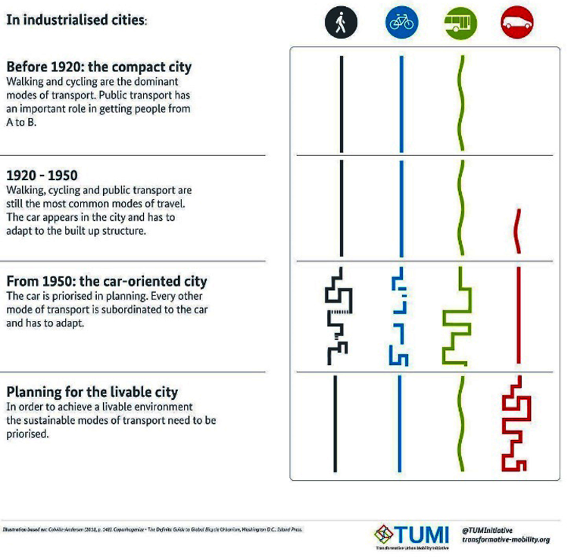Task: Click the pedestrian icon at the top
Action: click(x=341, y=23)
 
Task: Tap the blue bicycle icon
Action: click(x=401, y=23)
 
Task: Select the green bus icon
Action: click(x=460, y=23)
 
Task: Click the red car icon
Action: click(x=517, y=23)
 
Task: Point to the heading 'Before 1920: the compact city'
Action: click(x=99, y=67)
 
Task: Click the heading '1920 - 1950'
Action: click(x=42, y=176)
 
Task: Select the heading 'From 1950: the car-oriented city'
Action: click(x=106, y=282)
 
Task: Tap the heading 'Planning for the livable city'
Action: click(x=92, y=392)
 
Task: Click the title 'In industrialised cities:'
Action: click(x=76, y=20)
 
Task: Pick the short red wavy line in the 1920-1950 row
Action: click(x=517, y=231)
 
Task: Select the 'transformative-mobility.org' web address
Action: click(x=505, y=541)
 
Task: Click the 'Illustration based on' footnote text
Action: click(x=152, y=529)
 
